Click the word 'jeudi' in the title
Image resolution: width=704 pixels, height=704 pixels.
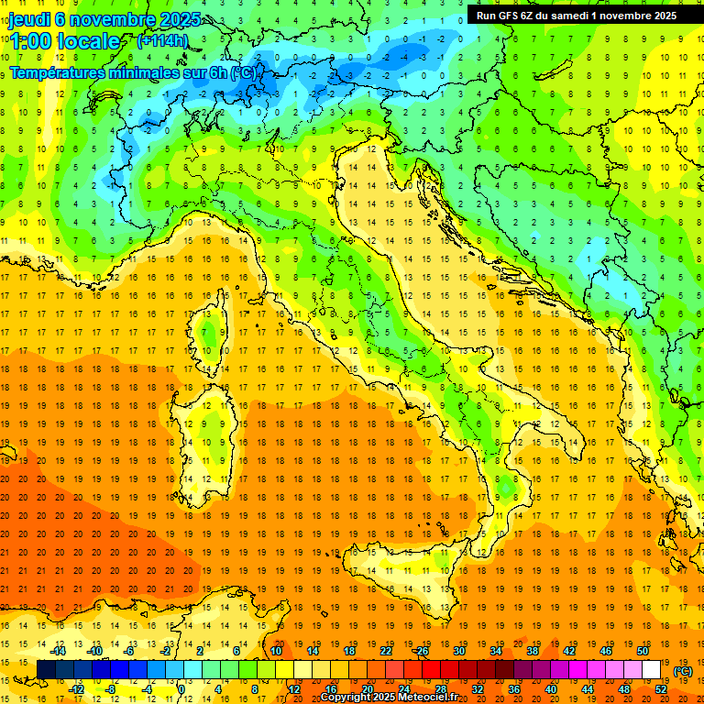[x=30, y=18]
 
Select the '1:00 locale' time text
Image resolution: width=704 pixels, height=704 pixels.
[x=64, y=41]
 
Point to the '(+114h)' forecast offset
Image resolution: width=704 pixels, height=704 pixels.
[x=162, y=40]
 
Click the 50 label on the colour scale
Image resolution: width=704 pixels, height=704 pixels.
[x=643, y=651]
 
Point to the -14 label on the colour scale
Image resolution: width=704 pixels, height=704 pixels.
[x=59, y=651]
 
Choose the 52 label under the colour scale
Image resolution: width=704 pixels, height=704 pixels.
[x=661, y=689]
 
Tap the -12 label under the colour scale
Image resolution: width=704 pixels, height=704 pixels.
[x=77, y=689]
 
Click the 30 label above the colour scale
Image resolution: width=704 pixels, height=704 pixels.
[x=458, y=651]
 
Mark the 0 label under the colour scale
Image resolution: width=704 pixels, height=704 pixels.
[x=182, y=689]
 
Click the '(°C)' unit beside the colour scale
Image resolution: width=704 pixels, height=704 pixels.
[x=683, y=671]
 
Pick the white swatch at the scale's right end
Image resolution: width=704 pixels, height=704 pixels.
[x=651, y=670]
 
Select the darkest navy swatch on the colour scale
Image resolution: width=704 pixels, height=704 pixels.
[x=46, y=670]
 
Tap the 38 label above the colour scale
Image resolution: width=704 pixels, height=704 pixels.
[x=533, y=651]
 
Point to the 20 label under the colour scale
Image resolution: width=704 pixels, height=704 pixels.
[x=367, y=689]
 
